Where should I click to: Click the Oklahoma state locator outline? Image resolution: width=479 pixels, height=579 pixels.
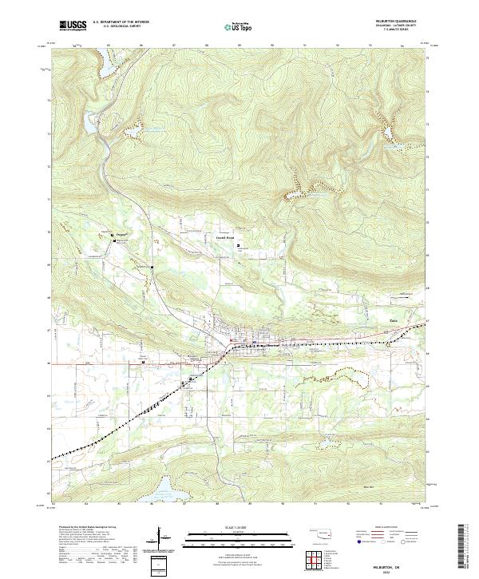tap(320, 533)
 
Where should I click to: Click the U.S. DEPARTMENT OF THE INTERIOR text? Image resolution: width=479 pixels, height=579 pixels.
tap(121, 22)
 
